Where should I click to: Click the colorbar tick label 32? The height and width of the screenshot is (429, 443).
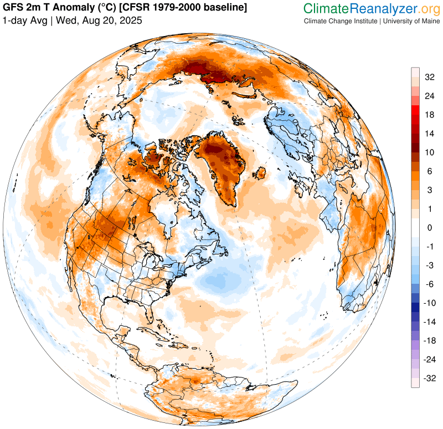pos(429,77)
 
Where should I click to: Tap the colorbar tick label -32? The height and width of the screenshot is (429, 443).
pos(429,378)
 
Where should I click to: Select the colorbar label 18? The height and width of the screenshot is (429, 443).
pos(429,115)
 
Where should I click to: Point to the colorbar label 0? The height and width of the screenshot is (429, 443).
pos(429,228)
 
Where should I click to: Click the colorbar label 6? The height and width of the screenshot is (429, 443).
pos(429,171)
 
